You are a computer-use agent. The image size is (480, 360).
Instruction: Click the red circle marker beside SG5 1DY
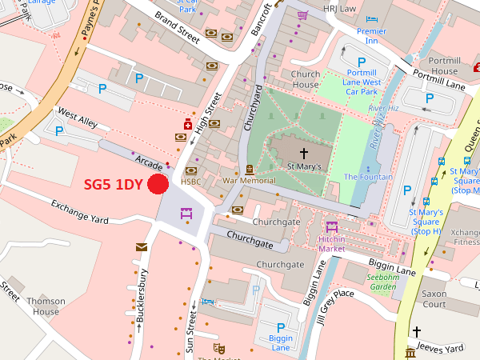(157, 184)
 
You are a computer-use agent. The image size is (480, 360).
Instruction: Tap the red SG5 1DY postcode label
(113, 184)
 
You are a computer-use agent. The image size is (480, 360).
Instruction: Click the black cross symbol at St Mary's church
(304, 152)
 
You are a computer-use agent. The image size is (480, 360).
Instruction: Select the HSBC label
(190, 182)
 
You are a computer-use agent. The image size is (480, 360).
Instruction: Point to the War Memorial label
(249, 181)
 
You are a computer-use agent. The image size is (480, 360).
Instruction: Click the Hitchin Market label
(332, 244)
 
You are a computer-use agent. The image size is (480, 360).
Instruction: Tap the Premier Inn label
(371, 36)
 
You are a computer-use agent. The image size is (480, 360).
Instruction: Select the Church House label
(306, 80)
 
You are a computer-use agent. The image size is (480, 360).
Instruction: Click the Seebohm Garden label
(382, 282)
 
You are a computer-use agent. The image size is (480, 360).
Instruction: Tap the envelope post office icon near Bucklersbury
(142, 246)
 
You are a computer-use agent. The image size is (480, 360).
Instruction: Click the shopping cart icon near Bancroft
(302, 15)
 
